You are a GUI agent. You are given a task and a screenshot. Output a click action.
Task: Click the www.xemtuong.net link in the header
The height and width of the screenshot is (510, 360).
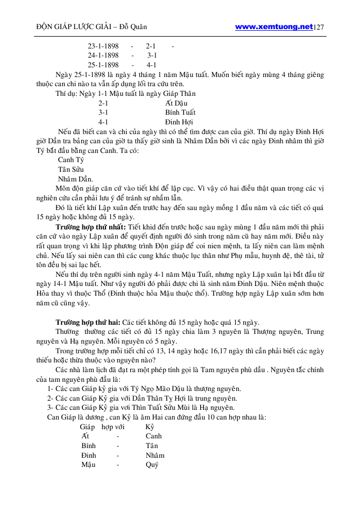tap(274, 26)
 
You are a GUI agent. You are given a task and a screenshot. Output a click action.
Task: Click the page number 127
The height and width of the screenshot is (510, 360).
tap(319, 27)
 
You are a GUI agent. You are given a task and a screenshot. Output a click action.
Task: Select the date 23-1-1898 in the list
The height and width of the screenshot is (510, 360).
tap(103, 46)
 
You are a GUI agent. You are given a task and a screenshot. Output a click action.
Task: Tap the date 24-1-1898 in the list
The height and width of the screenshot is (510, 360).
tap(103, 55)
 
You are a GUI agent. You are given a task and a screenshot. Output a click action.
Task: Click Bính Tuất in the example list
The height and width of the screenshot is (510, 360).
tap(180, 113)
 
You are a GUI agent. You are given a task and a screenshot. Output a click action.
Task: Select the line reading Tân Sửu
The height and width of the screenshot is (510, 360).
tap(70, 170)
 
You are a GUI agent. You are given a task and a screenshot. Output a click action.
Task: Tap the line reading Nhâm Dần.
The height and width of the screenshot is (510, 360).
tap(75, 179)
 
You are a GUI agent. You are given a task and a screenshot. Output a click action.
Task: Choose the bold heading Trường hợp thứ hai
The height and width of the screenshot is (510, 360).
tap(88, 322)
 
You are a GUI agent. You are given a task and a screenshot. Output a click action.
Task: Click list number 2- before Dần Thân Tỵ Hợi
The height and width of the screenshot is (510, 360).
tap(50, 398)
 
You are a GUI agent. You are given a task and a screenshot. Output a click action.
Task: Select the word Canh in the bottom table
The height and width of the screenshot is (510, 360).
tap(153, 436)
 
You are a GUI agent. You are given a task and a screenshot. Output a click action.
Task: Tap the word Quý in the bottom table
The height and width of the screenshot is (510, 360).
tap(152, 465)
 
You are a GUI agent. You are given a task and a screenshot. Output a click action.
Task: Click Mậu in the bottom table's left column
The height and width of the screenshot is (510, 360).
tap(88, 465)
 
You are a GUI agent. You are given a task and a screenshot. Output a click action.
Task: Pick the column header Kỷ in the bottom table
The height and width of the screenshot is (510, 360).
tap(150, 427)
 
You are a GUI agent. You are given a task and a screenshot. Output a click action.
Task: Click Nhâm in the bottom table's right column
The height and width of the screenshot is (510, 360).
tap(155, 455)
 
